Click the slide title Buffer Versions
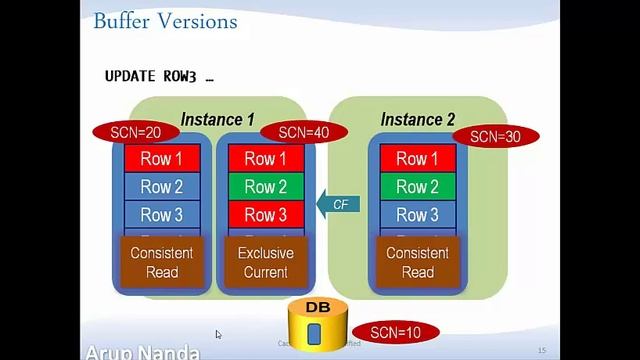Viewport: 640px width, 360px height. coord(164,21)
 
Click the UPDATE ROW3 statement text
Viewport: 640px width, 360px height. coord(160,76)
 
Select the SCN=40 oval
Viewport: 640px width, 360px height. coord(303,132)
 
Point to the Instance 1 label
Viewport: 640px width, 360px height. coord(217,119)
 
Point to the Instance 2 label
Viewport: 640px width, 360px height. coord(418,119)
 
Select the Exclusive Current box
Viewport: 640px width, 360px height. coord(265,262)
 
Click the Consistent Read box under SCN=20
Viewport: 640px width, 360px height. coord(162,262)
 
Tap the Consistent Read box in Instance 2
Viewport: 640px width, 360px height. coord(417,262)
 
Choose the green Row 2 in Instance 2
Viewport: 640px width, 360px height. coord(417,187)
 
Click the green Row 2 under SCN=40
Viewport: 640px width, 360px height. coord(265,187)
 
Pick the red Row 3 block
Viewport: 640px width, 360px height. coord(265,215)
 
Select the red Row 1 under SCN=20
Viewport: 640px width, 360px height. coord(162,159)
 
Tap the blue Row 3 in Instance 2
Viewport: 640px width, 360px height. coord(417,215)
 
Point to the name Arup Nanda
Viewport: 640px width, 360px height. coord(143,352)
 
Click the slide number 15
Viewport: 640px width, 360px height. coord(542,350)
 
